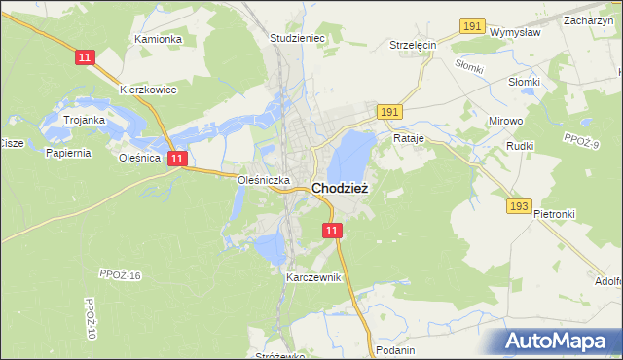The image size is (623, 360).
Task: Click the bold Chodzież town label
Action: pos(339,189)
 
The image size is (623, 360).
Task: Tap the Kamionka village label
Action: pos(159,39)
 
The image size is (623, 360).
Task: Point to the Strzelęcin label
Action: pos(413,45)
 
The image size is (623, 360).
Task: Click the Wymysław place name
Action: pos(515,31)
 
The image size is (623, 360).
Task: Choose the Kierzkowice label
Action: pos(147,89)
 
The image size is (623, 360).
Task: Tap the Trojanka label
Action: pos(85,120)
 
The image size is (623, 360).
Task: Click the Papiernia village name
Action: pos(67,152)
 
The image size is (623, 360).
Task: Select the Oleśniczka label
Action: pos(265,180)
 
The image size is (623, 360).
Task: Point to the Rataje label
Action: pos(410,138)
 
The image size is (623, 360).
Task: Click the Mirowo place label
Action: pos(505,121)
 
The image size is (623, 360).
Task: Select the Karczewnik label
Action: pos(313,277)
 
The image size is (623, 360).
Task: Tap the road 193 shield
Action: pos(518,206)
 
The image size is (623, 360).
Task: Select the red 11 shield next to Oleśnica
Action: pos(176,158)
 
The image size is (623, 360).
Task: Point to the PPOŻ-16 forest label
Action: pos(121,275)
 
